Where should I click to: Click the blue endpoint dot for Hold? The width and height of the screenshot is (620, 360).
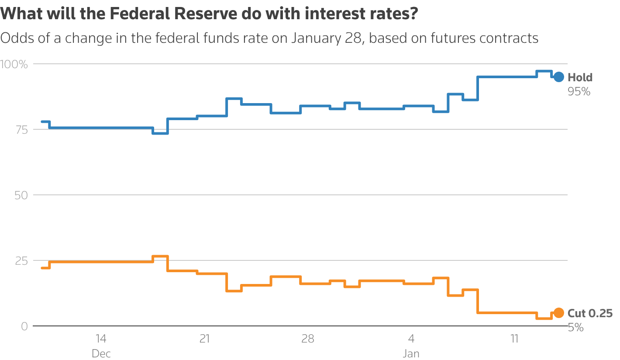558,77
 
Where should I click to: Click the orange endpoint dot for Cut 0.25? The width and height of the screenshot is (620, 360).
558,313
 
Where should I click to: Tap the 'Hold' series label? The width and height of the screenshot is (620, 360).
580,78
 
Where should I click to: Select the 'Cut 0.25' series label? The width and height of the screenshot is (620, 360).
590,313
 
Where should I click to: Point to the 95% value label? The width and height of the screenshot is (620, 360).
579,92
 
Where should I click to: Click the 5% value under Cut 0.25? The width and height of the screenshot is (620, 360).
575,327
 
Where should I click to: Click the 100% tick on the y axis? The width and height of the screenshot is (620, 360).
14,65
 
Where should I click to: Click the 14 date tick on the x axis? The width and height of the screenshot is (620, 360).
101,339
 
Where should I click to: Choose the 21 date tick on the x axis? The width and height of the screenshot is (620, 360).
204,339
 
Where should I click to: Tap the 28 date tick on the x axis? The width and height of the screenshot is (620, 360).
308,339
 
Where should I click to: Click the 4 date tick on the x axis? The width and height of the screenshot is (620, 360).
411,339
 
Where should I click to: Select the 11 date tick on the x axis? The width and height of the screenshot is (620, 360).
514,339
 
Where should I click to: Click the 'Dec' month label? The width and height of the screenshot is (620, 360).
101,353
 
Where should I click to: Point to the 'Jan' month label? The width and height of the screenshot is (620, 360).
411,353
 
